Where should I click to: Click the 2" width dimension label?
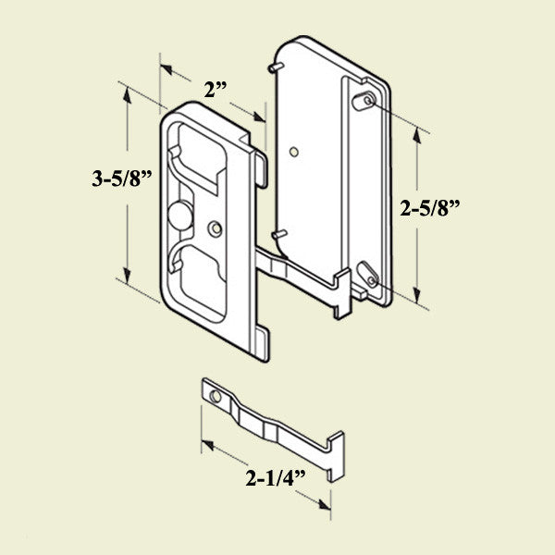pos(216,91)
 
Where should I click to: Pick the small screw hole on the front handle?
pos(216,227)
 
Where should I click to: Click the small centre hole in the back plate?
pos(293,150)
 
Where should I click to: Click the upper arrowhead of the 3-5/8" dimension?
pos(123,90)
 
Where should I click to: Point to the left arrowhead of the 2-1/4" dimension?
pos(206,445)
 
